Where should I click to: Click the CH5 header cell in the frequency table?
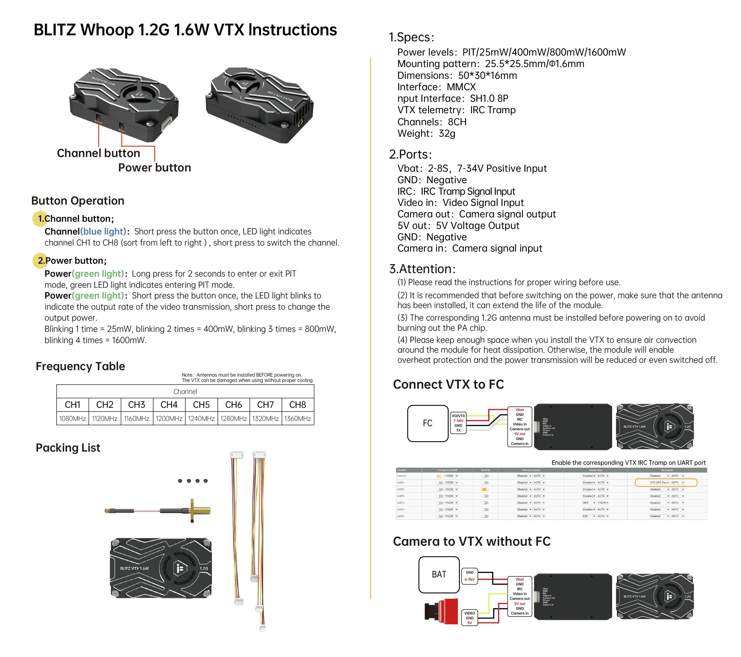201,405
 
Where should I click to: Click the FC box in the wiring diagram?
427,423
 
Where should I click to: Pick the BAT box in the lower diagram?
439,574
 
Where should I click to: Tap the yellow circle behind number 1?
40,219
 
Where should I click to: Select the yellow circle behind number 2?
40,260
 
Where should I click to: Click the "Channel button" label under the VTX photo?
98,153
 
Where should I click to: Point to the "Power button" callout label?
155,168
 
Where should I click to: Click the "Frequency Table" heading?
80,366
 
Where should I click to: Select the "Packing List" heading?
68,448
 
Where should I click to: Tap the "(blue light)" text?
103,232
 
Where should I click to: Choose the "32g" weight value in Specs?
447,134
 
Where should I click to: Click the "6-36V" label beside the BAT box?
470,579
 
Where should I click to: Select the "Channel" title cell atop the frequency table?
185,392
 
